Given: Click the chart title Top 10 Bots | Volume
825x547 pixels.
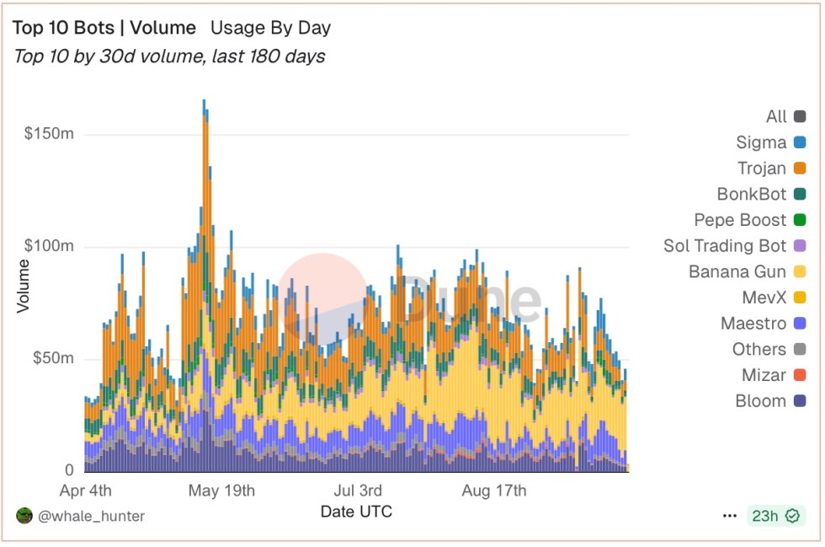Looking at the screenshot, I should [x=104, y=28].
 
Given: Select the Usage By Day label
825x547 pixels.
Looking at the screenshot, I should [x=270, y=28].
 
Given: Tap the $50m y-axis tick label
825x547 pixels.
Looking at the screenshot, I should [x=53, y=358].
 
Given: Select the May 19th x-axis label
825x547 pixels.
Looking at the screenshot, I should [x=221, y=491].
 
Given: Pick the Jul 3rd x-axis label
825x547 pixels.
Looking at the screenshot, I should [x=358, y=491].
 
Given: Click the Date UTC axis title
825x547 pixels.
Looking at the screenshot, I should [x=356, y=512].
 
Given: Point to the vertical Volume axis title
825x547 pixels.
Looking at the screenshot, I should [x=23, y=287].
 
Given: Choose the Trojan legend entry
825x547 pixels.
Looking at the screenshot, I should [x=762, y=169].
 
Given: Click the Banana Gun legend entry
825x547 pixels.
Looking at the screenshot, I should [x=737, y=271].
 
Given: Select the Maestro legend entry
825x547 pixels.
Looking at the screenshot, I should [x=753, y=324].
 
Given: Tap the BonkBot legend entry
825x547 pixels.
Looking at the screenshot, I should [x=752, y=194].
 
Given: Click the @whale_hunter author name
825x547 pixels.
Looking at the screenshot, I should [x=91, y=516].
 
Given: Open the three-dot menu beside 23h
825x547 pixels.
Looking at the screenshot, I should [x=729, y=516].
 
